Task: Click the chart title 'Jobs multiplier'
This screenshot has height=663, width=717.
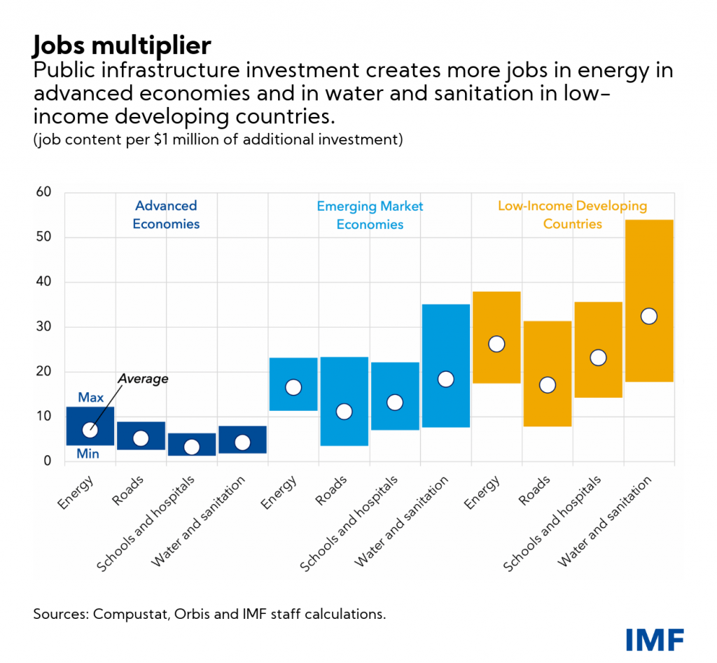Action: coord(121,46)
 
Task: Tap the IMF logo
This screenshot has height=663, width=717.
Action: coord(655,639)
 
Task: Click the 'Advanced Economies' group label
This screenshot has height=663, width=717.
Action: coord(167,215)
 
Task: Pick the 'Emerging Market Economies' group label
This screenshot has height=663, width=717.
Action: coord(370,216)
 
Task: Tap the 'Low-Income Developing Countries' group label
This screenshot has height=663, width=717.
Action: coord(572,215)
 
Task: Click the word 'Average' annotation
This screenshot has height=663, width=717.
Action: coord(143,379)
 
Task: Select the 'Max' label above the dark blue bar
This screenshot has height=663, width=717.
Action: coord(91,398)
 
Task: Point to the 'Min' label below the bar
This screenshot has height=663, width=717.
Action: coord(88,454)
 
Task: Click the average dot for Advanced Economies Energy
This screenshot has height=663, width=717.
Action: coord(90,430)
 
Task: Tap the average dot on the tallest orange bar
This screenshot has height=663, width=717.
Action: coord(648,316)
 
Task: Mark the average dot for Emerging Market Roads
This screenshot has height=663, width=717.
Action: coord(344,412)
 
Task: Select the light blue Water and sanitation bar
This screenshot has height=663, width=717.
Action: coord(445,336)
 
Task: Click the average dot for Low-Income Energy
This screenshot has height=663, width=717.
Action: coord(496,344)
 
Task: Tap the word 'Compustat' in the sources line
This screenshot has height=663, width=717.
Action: coord(126,615)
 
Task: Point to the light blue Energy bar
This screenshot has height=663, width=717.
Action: coord(293,371)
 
